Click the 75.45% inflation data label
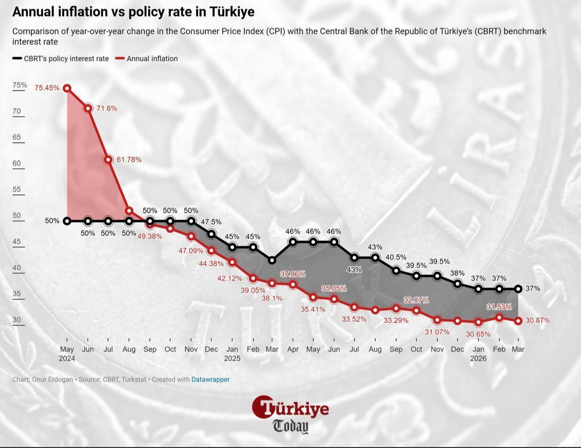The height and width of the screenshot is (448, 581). (47, 88)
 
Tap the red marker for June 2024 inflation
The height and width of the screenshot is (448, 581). (88, 108)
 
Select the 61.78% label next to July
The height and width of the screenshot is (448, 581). (129, 160)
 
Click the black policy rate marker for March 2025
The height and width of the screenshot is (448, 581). (272, 260)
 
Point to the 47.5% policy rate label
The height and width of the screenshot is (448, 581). (211, 222)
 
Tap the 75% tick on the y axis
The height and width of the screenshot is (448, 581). (20, 85)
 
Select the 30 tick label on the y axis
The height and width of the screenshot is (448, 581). (17, 320)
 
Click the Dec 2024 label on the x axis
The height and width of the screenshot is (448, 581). (211, 349)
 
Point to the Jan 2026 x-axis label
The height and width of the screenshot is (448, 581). (478, 354)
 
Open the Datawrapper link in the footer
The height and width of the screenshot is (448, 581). (210, 379)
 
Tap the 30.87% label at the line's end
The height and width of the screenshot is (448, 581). (537, 320)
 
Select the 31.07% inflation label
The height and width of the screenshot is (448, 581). (437, 332)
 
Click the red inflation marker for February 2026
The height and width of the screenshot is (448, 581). (499, 318)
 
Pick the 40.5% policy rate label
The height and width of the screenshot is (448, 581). (396, 257)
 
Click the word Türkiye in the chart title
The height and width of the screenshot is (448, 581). (231, 12)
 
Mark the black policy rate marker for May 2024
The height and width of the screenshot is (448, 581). (67, 221)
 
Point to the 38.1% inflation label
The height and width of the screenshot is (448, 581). (272, 298)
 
